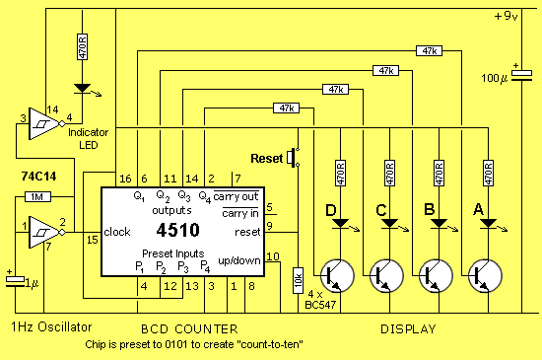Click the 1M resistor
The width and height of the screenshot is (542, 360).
33,196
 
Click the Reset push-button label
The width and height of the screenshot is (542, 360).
266,158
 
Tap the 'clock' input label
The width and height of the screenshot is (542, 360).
116,232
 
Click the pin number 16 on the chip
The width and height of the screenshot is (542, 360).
123,178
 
